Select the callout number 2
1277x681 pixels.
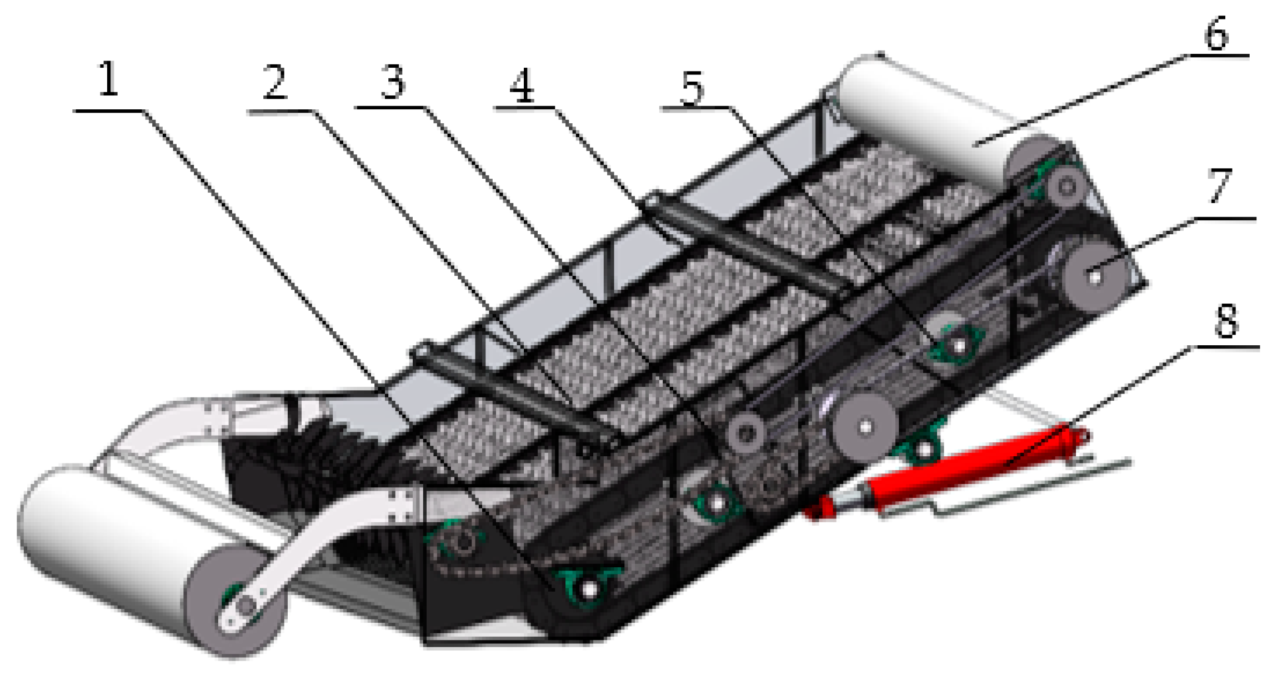point(274,83)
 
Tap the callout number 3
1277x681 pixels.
point(393,82)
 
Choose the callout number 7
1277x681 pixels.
point(1220,186)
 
